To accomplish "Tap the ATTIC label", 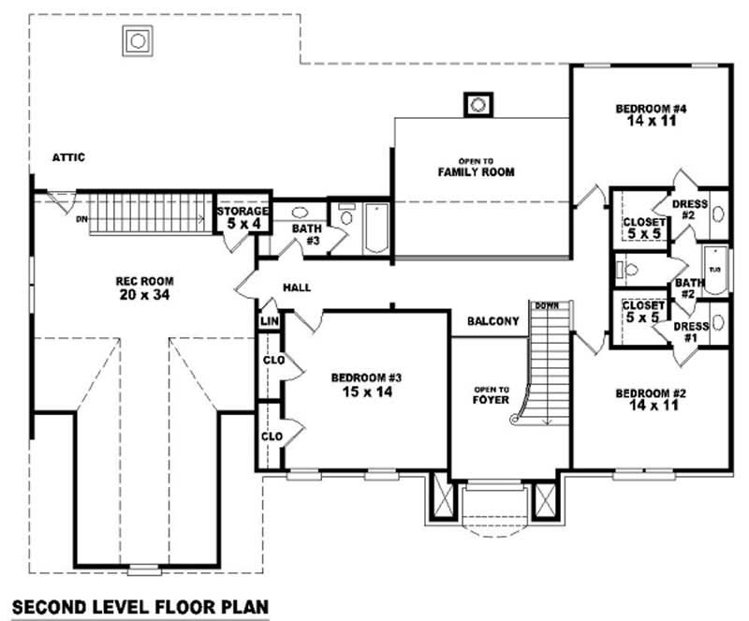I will point(68,157).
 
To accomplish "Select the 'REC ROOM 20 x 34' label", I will point(145,288).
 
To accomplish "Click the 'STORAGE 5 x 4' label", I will point(243,218).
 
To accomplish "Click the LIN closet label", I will point(270,322).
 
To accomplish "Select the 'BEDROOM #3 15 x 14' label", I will point(366,385).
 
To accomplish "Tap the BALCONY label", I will point(492,321).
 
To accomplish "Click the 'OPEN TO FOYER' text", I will point(492,394).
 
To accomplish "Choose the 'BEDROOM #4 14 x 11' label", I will point(651,115).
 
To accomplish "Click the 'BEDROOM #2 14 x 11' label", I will point(651,400).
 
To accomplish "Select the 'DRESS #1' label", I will point(690,332).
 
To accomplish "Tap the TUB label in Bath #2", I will point(716,269).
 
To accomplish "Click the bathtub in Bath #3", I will point(376,229).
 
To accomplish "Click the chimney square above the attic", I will point(138,40).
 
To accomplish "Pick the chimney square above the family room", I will point(477,104).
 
